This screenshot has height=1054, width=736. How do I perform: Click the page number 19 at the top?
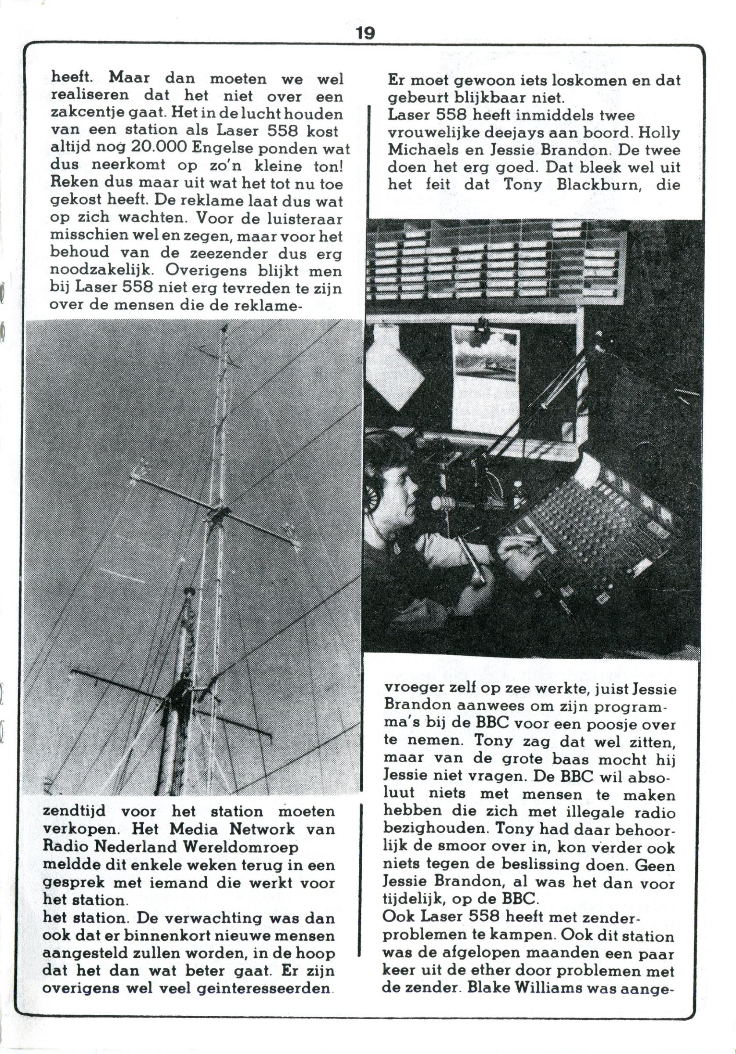pyautogui.click(x=365, y=33)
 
